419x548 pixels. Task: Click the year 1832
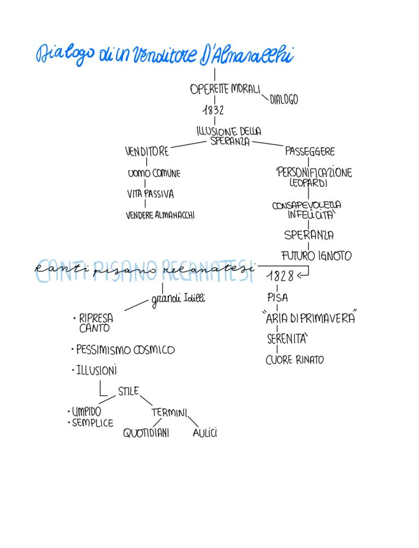tap(213, 110)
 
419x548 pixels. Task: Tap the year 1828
tap(280, 276)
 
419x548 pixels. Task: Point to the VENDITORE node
tap(147, 151)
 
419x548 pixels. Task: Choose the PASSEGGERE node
tap(310, 151)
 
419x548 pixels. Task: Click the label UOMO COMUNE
tap(154, 174)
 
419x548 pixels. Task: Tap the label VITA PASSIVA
tap(150, 194)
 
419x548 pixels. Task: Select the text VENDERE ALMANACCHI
tap(160, 215)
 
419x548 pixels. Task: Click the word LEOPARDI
tap(309, 182)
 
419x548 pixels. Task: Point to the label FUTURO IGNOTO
tap(316, 256)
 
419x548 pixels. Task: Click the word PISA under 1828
tap(277, 298)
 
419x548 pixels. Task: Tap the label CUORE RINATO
tap(295, 360)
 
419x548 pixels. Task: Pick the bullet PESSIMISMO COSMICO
tap(125, 350)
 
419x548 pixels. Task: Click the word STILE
tap(128, 391)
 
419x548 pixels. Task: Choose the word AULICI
tap(205, 433)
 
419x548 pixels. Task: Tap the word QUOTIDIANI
tap(146, 433)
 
